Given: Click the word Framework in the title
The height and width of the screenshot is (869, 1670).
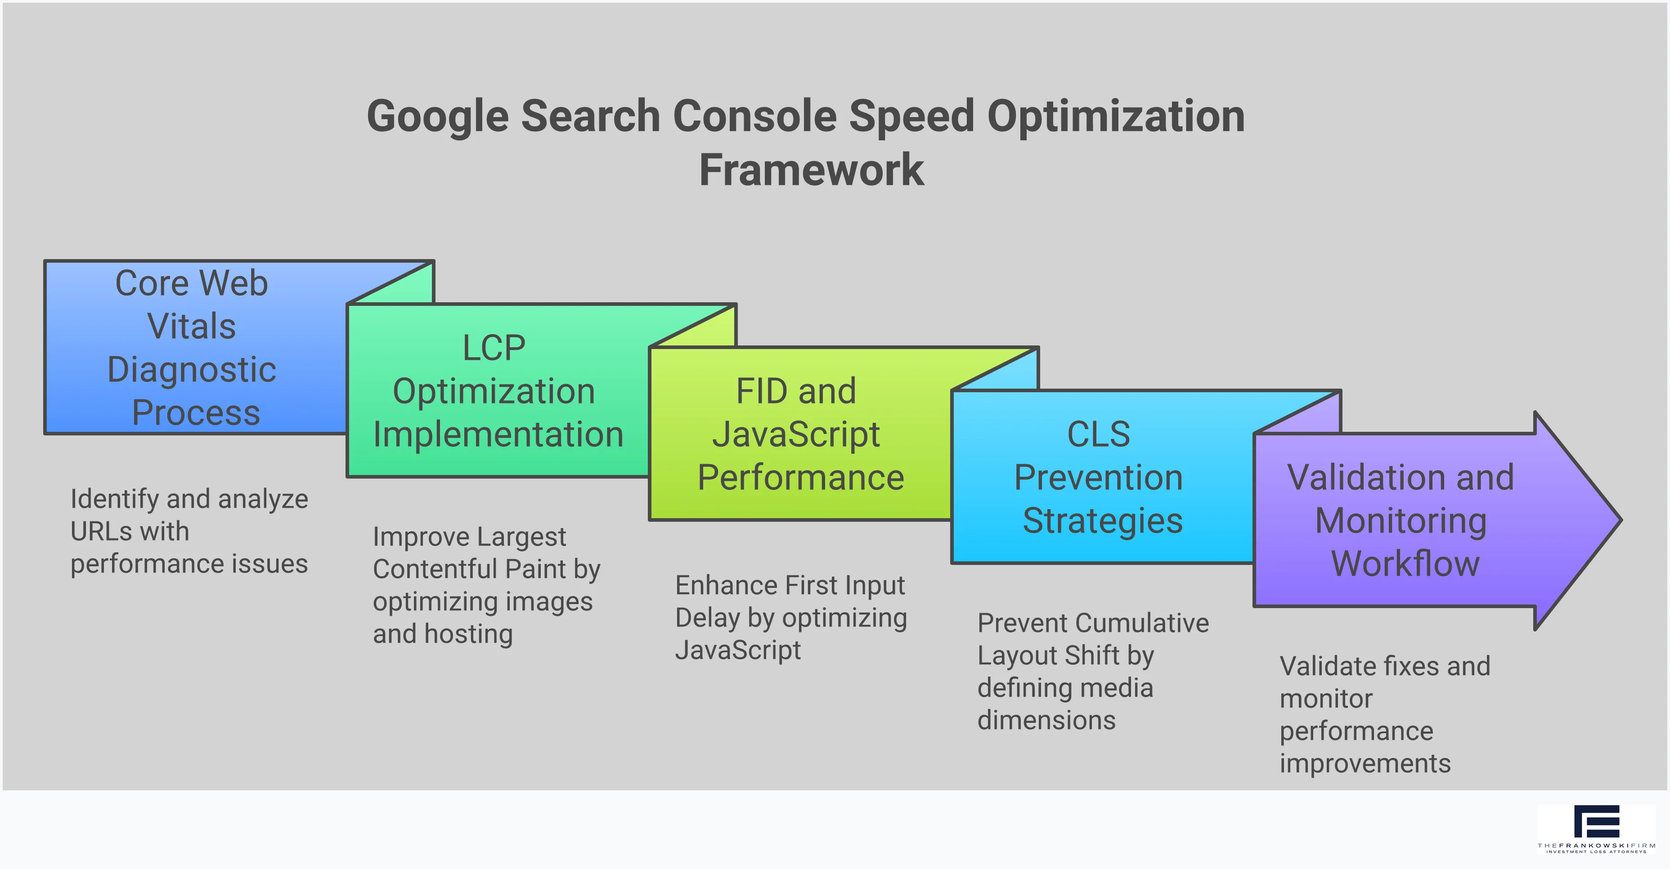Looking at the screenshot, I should point(811,170).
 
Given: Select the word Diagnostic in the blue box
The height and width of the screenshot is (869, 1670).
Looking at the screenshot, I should point(192,369).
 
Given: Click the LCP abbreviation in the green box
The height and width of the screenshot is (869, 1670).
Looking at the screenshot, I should point(494,348).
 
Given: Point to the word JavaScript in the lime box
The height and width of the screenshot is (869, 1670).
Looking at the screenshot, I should point(796,434).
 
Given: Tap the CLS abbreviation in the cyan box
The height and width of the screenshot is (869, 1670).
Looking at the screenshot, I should point(1098,434).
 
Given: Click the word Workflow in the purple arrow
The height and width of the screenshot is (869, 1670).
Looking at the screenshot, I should point(1405,563).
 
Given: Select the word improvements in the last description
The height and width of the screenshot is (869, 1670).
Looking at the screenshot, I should point(1365,763).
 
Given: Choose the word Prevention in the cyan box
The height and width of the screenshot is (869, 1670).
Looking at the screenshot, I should point(1098,478).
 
